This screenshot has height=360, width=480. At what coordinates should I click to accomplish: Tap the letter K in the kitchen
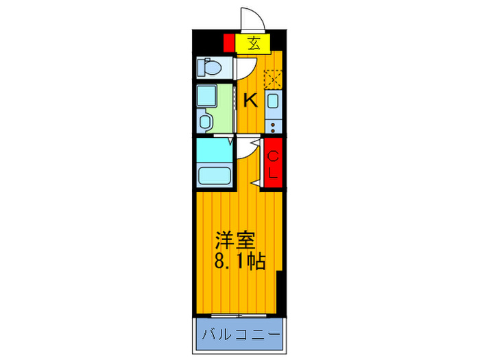tap(251, 100)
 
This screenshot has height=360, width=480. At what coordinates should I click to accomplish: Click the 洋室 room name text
tap(235, 241)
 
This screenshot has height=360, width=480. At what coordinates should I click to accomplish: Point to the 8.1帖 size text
tap(239, 261)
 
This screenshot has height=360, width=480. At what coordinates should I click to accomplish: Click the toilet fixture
tap(208, 67)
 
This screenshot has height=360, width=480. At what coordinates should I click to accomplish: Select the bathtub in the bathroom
tap(214, 176)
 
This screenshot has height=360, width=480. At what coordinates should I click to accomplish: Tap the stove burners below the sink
tap(272, 125)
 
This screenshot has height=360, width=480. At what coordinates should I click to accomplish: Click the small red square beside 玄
tap(229, 43)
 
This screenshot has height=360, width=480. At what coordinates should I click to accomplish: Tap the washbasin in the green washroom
tap(206, 121)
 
